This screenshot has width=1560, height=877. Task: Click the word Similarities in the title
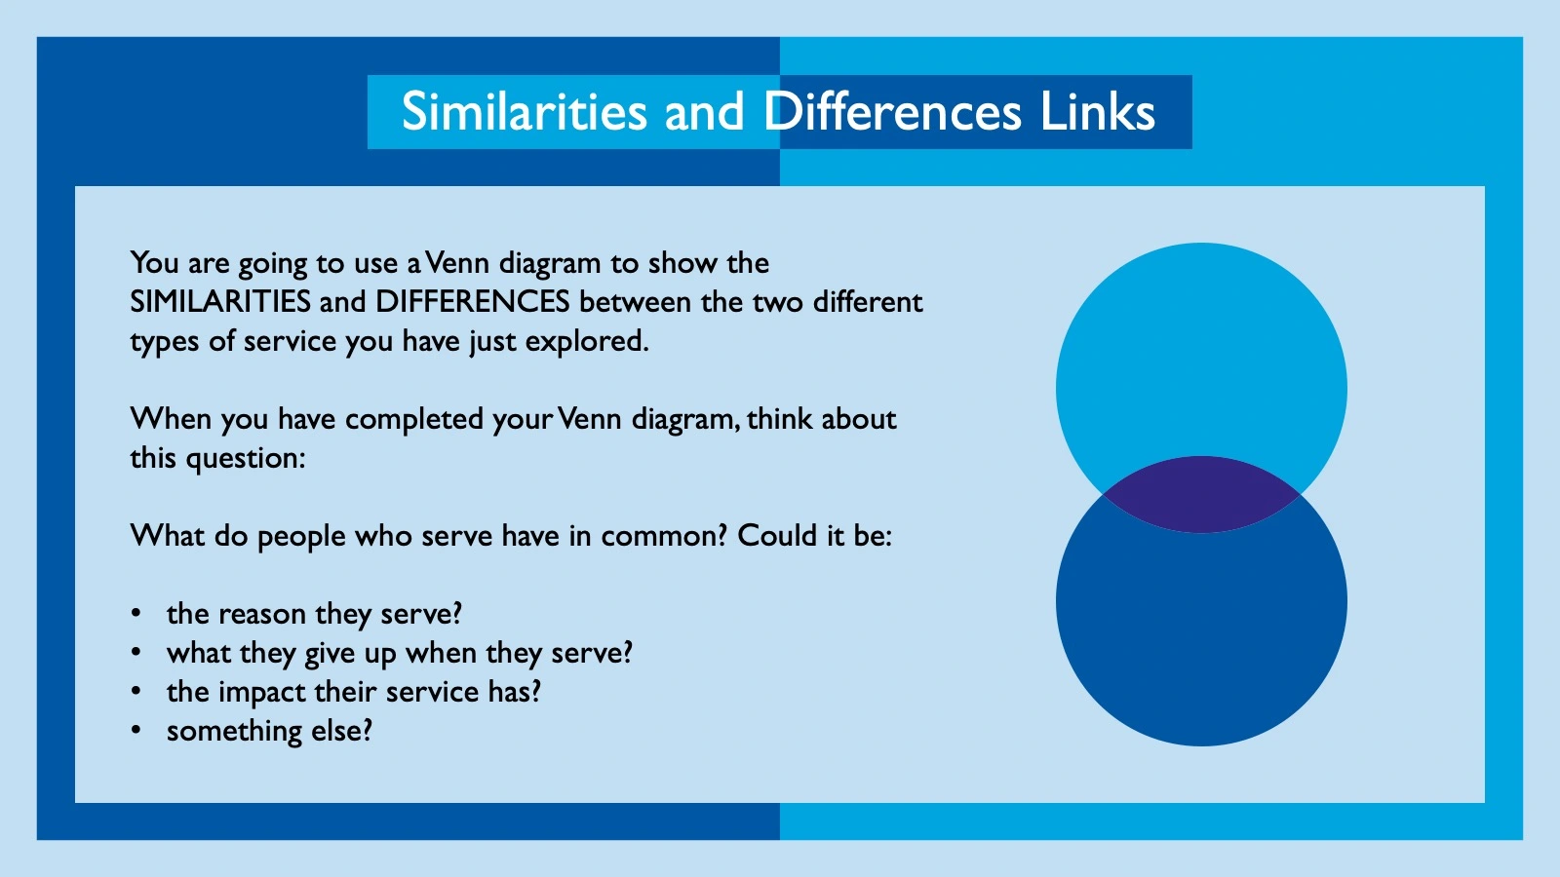pyautogui.click(x=524, y=112)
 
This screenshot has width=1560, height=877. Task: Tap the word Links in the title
pyautogui.click(x=1097, y=112)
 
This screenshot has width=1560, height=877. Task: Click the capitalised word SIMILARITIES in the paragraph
pyautogui.click(x=220, y=302)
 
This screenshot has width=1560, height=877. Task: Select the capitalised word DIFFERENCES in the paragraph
pyautogui.click(x=472, y=302)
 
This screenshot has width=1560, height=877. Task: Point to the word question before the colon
pyautogui.click(x=245, y=459)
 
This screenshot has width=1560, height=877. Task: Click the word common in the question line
pyautogui.click(x=663, y=536)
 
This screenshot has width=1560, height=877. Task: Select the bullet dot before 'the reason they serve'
pyautogui.click(x=136, y=614)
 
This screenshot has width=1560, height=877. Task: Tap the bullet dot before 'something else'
pyautogui.click(x=136, y=731)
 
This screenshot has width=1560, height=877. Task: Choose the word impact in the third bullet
pyautogui.click(x=262, y=693)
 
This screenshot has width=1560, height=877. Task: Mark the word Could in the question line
pyautogui.click(x=777, y=536)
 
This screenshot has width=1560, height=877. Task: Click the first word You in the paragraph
pyautogui.click(x=154, y=263)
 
